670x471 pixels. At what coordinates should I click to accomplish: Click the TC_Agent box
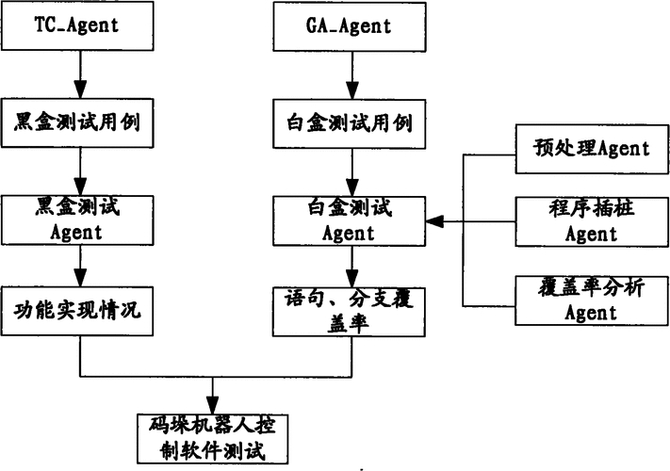[x=80, y=25]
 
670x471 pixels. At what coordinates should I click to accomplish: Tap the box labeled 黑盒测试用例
[x=80, y=123]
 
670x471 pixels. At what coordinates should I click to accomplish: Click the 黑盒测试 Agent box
[x=80, y=219]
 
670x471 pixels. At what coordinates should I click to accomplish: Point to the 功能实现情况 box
[x=80, y=309]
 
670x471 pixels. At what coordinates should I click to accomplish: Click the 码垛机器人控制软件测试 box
[x=216, y=437]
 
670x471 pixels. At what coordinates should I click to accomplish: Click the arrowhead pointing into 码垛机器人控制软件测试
[x=216, y=405]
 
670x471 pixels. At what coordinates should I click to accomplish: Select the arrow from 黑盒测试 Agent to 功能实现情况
[x=80, y=265]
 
